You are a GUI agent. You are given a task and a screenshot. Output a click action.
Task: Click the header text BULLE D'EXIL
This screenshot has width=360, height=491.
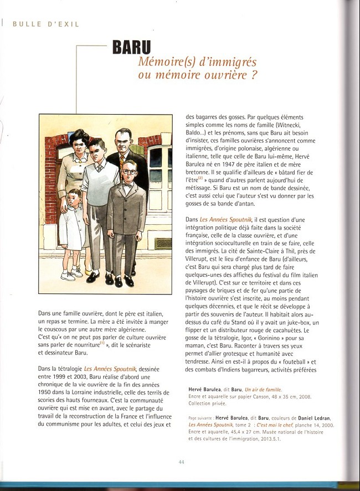[46, 24]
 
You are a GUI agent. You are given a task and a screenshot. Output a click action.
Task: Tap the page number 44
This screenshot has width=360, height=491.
[181, 462]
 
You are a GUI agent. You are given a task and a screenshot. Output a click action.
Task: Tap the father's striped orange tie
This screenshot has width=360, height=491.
[122, 161]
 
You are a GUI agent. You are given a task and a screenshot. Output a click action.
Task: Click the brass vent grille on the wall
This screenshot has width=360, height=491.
[163, 243]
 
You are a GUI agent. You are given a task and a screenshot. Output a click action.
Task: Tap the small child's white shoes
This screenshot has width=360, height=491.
[71, 275]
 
